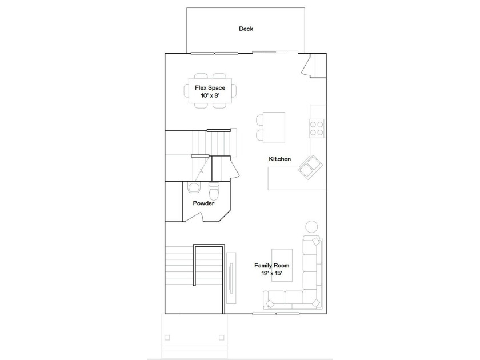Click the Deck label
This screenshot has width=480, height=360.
pos(246,29)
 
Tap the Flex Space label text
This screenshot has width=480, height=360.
pos(210,88)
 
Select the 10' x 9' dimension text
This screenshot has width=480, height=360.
pos(210,95)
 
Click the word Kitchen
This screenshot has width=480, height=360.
pos(280,159)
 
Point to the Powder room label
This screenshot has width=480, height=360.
pos(204,203)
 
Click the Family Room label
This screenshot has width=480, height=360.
pos(272,265)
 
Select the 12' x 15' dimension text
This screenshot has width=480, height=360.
pos(272,273)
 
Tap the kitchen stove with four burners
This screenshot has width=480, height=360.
pos(317,128)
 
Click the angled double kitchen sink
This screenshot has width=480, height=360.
pos(310,167)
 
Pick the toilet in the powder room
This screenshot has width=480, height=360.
pos(214,190)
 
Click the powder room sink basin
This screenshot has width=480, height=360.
pos(194,187)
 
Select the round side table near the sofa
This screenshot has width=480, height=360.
pos(311,226)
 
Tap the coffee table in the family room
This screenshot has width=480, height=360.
pos(282,265)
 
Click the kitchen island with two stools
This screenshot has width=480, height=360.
pos(274,127)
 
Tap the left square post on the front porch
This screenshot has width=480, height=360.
pos(167,338)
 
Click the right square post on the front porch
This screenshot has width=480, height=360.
pos(221,338)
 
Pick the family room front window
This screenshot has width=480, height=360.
pos(276,314)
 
